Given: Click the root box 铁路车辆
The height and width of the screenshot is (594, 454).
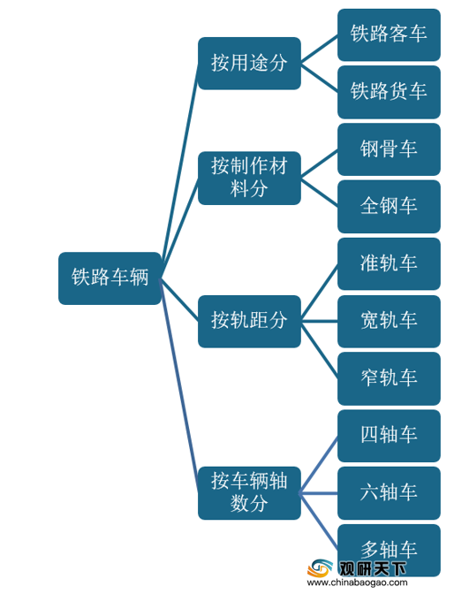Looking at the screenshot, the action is click(x=110, y=278).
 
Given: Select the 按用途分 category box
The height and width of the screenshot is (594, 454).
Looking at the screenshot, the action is click(x=250, y=64).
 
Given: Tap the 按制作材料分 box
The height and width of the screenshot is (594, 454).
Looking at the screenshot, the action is click(x=250, y=178).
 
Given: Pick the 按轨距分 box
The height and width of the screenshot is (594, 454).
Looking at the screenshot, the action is click(x=250, y=321).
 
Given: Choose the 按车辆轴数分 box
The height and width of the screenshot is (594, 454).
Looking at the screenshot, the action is click(x=250, y=493).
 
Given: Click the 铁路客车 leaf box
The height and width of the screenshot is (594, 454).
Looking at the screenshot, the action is click(x=389, y=34).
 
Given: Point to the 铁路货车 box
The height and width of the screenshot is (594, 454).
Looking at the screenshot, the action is click(x=389, y=92).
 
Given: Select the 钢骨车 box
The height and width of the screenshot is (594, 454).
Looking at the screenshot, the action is click(x=389, y=149).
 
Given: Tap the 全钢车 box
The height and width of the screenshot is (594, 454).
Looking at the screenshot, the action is click(x=389, y=207).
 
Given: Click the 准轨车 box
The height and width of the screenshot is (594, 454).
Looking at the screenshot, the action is click(x=389, y=263).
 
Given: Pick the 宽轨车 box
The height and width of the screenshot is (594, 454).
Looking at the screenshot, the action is click(x=389, y=321).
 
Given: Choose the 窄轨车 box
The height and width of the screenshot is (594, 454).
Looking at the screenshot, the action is click(x=389, y=378).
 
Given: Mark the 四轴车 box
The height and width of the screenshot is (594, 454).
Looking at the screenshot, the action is click(x=389, y=436).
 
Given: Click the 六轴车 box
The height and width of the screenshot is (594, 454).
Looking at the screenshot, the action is click(x=389, y=493).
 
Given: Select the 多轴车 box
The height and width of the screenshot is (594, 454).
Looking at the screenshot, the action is click(x=389, y=550).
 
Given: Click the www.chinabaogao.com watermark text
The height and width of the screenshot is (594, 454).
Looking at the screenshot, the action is click(x=357, y=583).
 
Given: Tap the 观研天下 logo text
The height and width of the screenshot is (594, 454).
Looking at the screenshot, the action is click(x=372, y=568).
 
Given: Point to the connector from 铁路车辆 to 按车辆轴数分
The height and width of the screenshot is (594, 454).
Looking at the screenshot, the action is click(x=180, y=385).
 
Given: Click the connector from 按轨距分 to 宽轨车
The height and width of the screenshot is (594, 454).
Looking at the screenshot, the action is click(x=319, y=321).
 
